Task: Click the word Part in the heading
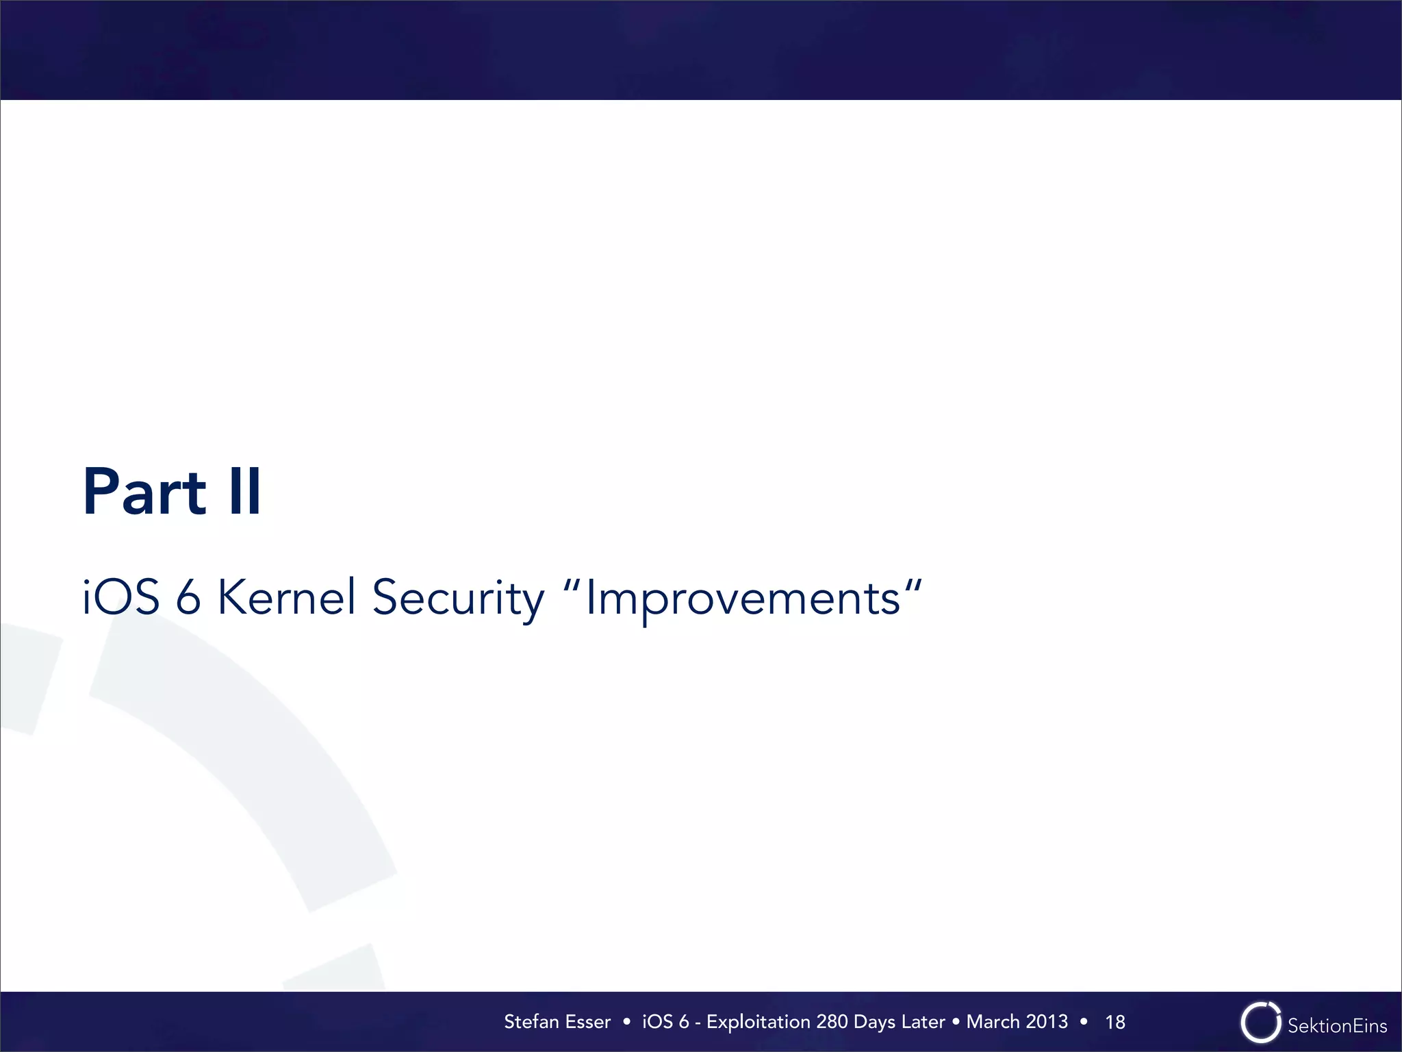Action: tap(144, 492)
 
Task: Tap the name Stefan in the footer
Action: tap(531, 1022)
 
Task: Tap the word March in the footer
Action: tap(993, 1022)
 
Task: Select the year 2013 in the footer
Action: tap(1047, 1022)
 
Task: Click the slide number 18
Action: tap(1115, 1023)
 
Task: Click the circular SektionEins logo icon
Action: tap(1260, 1023)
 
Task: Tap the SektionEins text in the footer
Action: tap(1337, 1026)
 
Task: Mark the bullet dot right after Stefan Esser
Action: tap(626, 1022)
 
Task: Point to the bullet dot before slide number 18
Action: tap(1083, 1022)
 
